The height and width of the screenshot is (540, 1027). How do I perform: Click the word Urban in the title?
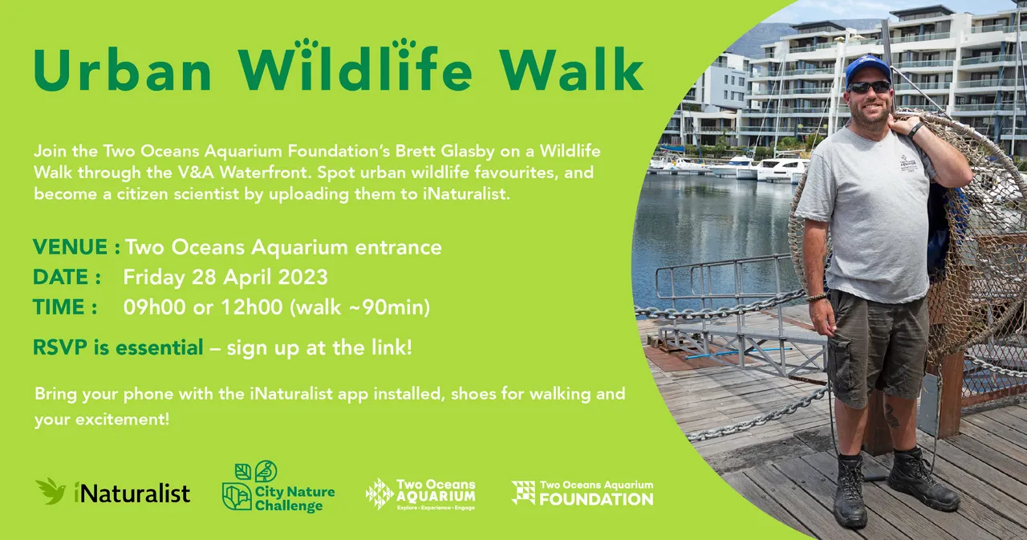(x=121, y=71)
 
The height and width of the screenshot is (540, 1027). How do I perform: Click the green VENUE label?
(x=71, y=247)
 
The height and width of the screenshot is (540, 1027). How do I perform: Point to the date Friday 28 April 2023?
(x=225, y=278)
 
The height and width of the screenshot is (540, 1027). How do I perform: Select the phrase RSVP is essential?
(x=118, y=348)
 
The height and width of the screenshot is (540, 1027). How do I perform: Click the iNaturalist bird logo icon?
(x=51, y=491)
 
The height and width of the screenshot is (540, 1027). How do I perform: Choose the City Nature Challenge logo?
(x=278, y=486)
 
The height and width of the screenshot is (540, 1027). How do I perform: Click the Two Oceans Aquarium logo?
(x=420, y=493)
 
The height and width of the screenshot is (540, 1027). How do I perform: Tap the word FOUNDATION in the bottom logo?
(x=595, y=499)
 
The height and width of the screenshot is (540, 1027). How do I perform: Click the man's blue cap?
(x=867, y=67)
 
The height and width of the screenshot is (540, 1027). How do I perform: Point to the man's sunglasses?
(x=868, y=87)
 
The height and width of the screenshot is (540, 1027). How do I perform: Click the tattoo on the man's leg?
(x=891, y=415)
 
